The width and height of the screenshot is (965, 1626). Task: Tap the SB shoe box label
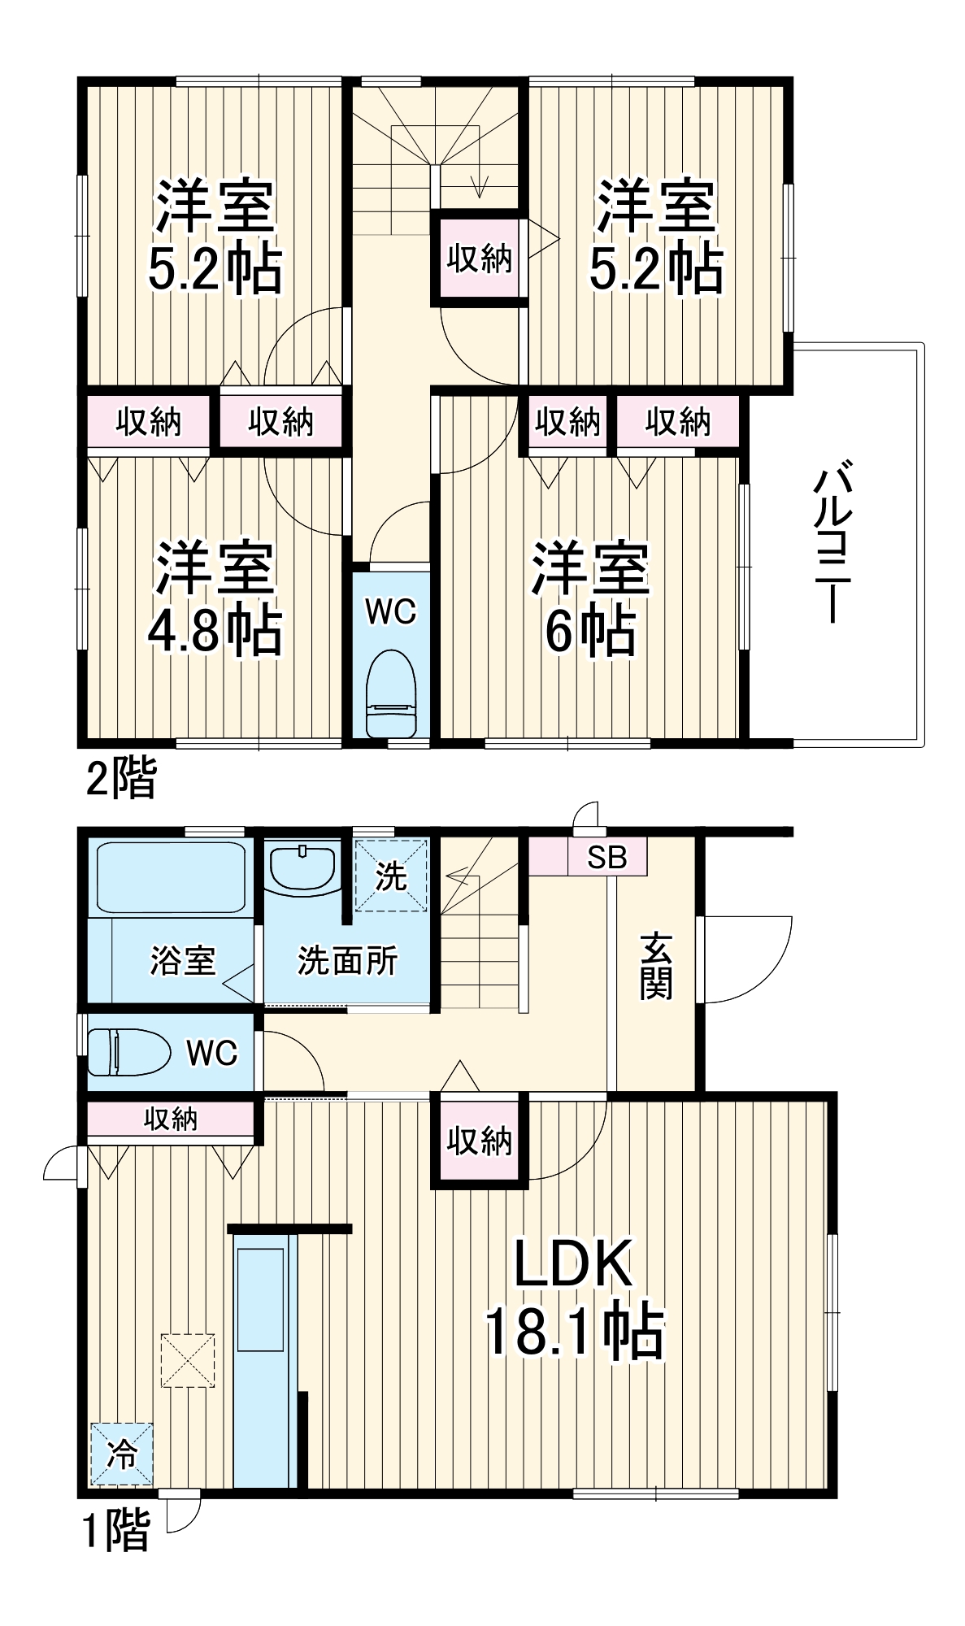click(x=606, y=857)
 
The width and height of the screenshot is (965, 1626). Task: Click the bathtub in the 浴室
click(x=171, y=877)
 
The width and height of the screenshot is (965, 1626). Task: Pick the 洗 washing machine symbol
click(x=391, y=876)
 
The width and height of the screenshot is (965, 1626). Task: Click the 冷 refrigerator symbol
click(x=121, y=1453)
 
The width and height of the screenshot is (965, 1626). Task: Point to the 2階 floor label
click(x=120, y=777)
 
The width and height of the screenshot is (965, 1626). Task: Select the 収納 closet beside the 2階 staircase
click(x=479, y=259)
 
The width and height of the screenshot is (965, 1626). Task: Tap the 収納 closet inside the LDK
click(x=479, y=1141)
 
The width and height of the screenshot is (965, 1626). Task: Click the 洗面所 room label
click(x=347, y=961)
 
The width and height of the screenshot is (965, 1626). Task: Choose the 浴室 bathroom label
click(x=183, y=960)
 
